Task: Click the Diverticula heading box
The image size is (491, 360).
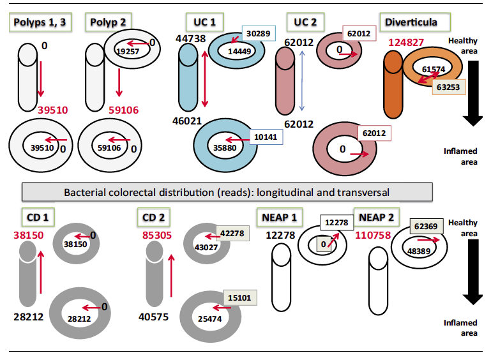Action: (411, 22)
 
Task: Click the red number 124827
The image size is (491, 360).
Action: (404, 43)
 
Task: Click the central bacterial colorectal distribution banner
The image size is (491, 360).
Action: (227, 191)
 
